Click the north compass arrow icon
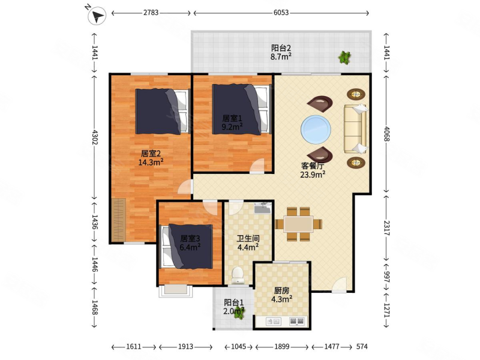(x=97, y=16)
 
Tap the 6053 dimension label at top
(x=281, y=13)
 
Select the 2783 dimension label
(x=151, y=13)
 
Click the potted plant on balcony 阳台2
(x=344, y=57)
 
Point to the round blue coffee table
(x=316, y=129)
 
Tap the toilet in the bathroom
(x=237, y=275)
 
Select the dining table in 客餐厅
(x=298, y=224)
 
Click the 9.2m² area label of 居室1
(x=232, y=127)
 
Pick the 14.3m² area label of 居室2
(x=151, y=162)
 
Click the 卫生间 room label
(x=248, y=238)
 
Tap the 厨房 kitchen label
(x=281, y=290)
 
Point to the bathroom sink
(x=263, y=208)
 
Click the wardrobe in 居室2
(x=118, y=220)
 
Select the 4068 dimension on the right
(x=386, y=134)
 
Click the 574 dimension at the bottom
(x=362, y=347)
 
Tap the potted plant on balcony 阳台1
(x=239, y=313)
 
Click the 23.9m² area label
(x=313, y=175)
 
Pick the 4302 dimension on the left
(x=95, y=137)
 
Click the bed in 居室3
(x=187, y=247)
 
